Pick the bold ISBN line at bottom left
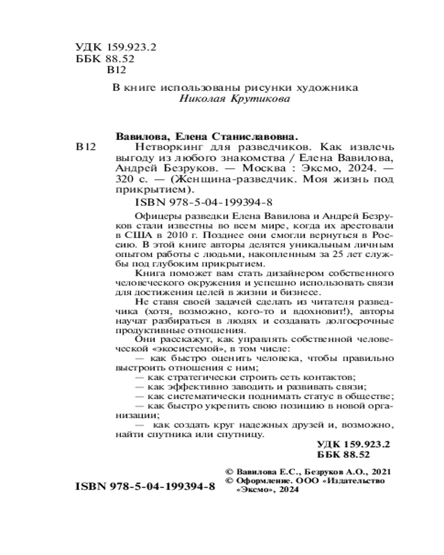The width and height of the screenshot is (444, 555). pos(144,486)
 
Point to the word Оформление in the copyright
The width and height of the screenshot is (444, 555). pos(262,481)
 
